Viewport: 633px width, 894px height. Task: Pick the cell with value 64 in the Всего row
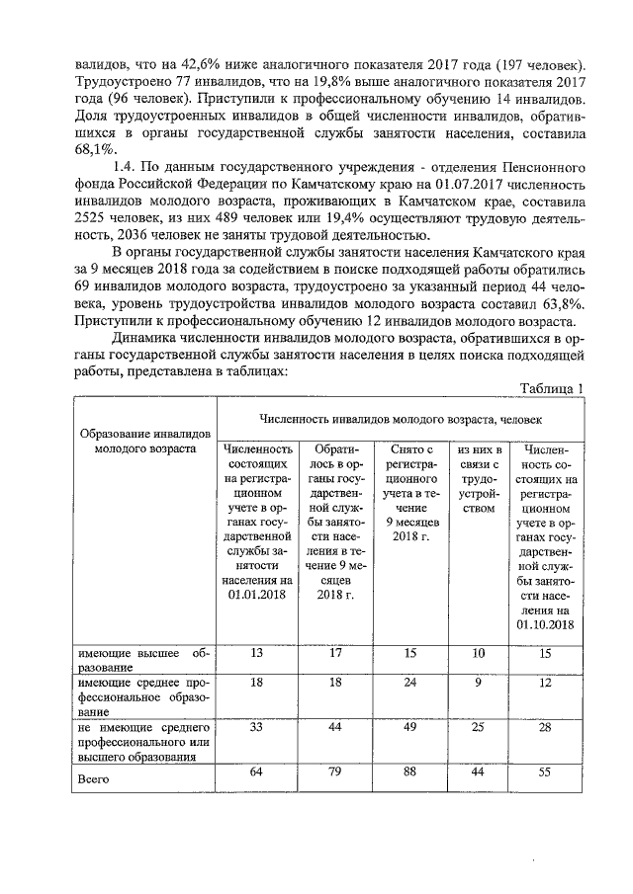[x=256, y=772]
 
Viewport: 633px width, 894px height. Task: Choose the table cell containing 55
[x=542, y=772]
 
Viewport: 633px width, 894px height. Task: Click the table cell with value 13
[x=256, y=653]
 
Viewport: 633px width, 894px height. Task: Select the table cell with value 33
[x=256, y=728]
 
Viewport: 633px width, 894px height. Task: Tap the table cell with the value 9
[x=478, y=682]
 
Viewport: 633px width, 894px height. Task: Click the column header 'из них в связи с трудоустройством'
[x=478, y=478]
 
